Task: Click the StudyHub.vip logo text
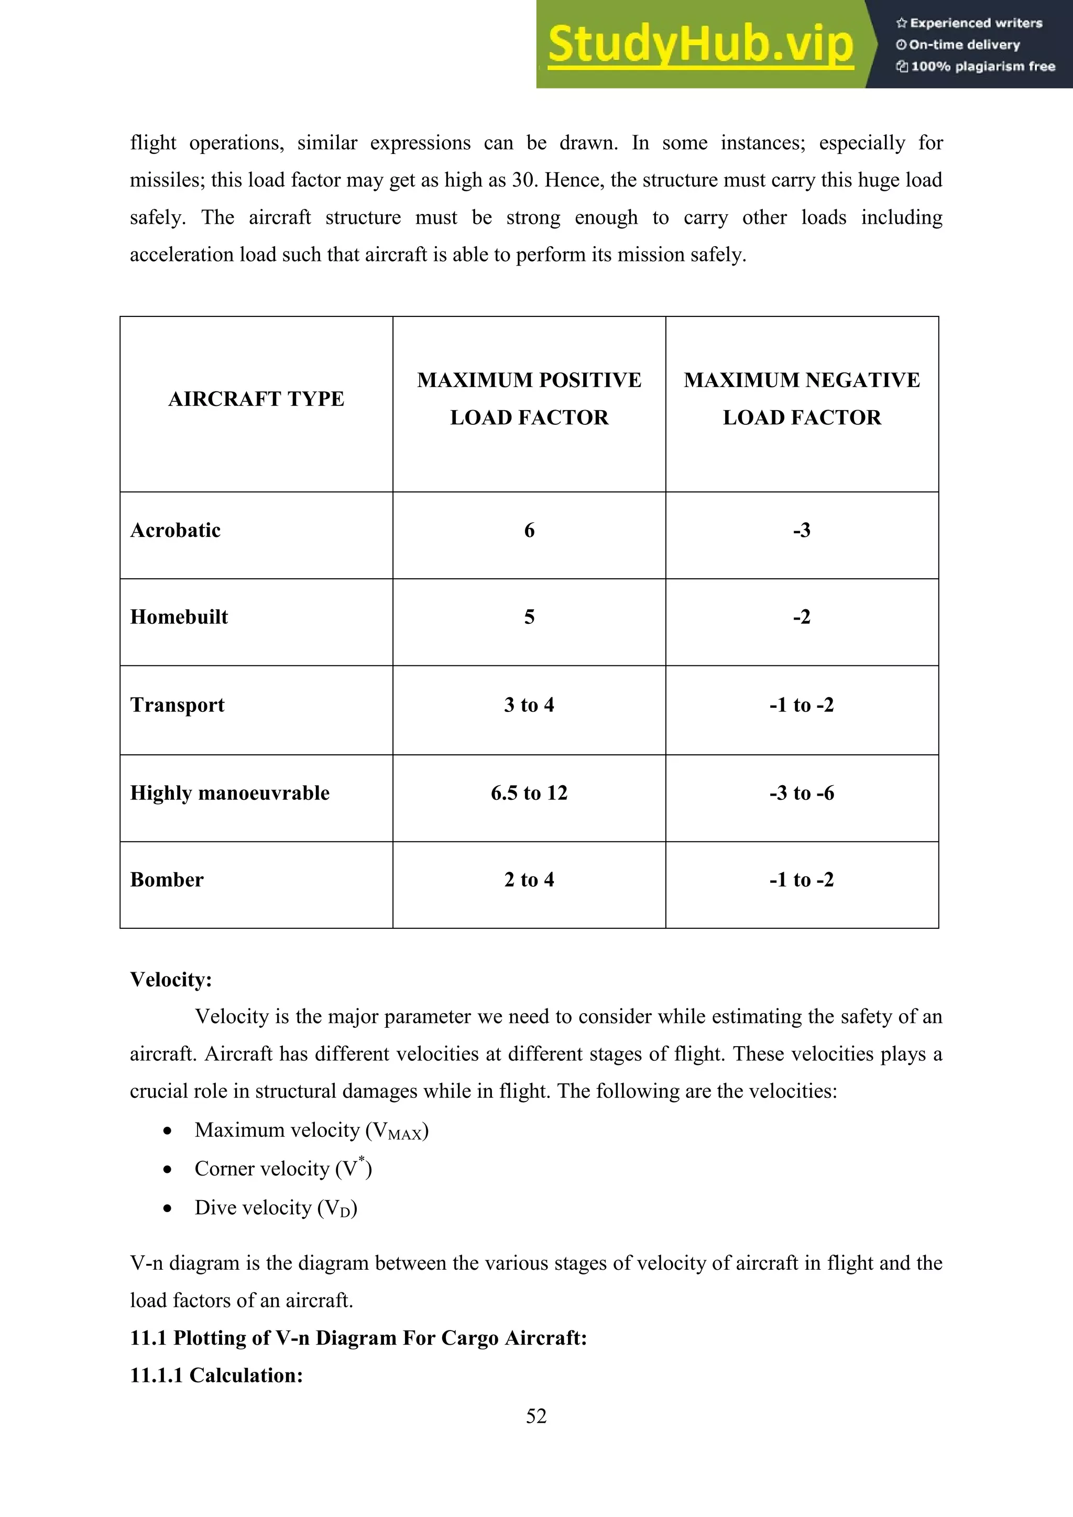[700, 45]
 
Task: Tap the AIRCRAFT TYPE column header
[256, 399]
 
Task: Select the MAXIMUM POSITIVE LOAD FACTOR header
[529, 399]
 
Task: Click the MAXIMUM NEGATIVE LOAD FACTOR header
[802, 399]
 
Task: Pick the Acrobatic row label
[175, 531]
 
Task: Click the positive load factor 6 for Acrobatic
[529, 531]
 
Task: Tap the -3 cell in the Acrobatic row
[802, 531]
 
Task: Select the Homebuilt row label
[179, 617]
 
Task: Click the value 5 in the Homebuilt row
[529, 617]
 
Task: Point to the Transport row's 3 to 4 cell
[529, 705]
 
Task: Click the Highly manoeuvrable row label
[230, 793]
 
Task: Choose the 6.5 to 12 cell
[529, 793]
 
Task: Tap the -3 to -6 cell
[802, 793]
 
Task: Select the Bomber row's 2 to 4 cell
[529, 880]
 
